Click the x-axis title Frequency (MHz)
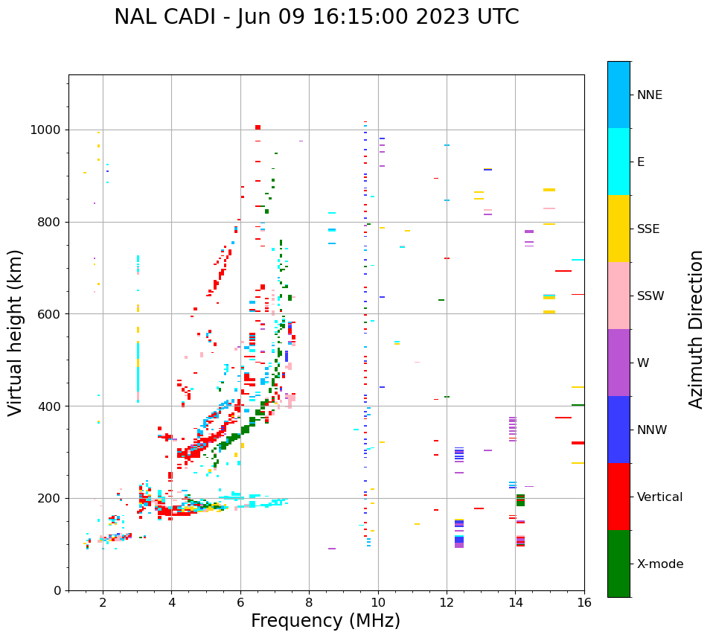tap(325, 621)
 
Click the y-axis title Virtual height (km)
tap(16, 333)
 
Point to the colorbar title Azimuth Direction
tap(696, 329)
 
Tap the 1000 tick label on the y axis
tap(46, 130)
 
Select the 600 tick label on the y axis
tap(49, 314)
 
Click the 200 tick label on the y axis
tap(49, 498)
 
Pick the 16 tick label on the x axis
tap(584, 602)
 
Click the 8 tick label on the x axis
tap(309, 602)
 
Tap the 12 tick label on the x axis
tap(447, 602)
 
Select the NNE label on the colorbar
tap(650, 95)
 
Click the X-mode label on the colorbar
tap(660, 564)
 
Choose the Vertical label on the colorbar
tap(660, 497)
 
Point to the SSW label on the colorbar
tap(650, 296)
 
